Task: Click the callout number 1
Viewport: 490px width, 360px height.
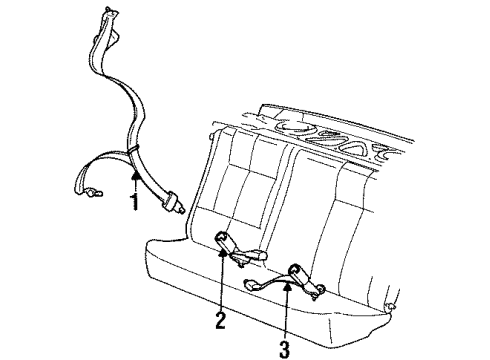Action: (135, 201)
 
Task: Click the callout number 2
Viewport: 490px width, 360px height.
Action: (220, 320)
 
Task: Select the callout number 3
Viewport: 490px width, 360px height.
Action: (284, 349)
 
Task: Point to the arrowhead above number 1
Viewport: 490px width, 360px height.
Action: (135, 175)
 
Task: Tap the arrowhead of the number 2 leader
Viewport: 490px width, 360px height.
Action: (222, 253)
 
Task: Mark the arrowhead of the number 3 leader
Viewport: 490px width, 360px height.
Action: (287, 286)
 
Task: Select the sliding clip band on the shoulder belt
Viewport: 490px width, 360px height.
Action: (133, 149)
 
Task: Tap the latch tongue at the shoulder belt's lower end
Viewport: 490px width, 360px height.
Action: (173, 202)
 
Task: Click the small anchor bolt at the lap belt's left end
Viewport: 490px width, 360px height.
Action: (94, 192)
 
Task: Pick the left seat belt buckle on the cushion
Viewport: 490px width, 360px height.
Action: (225, 242)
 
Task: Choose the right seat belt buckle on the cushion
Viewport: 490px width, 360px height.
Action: (299, 272)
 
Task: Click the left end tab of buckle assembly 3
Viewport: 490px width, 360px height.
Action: (251, 284)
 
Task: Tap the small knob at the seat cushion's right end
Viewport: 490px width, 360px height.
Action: (390, 306)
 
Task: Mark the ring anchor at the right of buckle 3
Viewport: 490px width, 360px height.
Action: (319, 289)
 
